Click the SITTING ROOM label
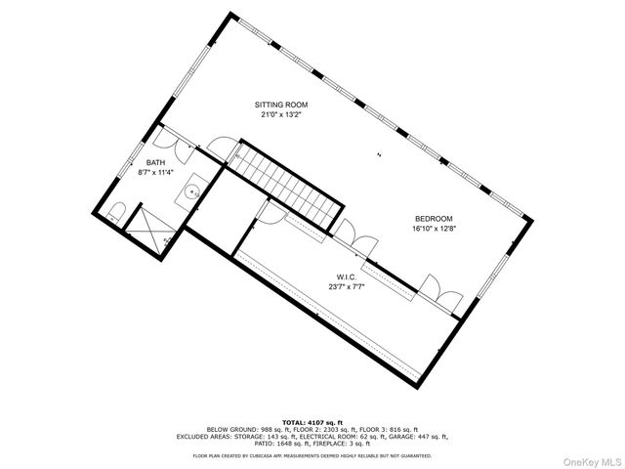click(x=280, y=104)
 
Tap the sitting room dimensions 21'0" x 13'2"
click(x=280, y=114)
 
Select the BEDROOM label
click(x=434, y=219)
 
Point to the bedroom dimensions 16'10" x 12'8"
click(x=434, y=230)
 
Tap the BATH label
click(x=156, y=162)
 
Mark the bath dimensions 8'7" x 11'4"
click(x=156, y=173)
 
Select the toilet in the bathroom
click(x=116, y=213)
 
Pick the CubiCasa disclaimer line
click(x=313, y=454)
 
